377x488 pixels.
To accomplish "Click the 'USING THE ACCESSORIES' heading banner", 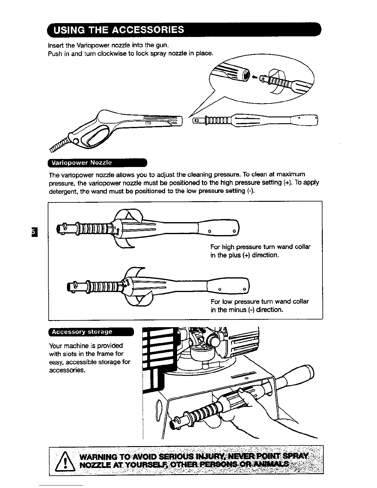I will pyautogui.click(x=119, y=30).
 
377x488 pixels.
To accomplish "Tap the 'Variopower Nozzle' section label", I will pyautogui.click(x=82, y=163).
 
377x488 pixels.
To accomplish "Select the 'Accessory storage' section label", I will pyautogui.click(x=82, y=332).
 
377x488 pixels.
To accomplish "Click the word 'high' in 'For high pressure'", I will pyautogui.click(x=228, y=247).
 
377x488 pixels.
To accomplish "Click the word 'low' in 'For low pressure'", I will pyautogui.click(x=227, y=301).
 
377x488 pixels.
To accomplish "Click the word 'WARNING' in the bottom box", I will pyautogui.click(x=97, y=456).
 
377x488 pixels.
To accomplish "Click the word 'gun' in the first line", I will pyautogui.click(x=161, y=46).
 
